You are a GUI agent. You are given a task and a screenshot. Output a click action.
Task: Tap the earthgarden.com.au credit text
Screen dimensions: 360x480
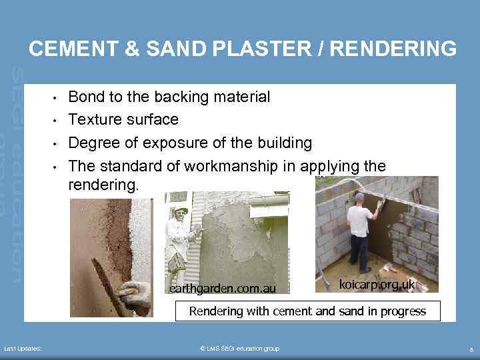[x=222, y=289]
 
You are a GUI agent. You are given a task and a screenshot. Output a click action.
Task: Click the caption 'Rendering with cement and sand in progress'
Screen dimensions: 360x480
[x=307, y=311]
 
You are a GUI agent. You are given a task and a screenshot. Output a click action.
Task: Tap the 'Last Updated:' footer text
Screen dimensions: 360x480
[x=23, y=349]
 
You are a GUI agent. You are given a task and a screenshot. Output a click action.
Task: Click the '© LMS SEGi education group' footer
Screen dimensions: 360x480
[x=240, y=349]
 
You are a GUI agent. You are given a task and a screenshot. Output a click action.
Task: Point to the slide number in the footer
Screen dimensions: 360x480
[x=471, y=349]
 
